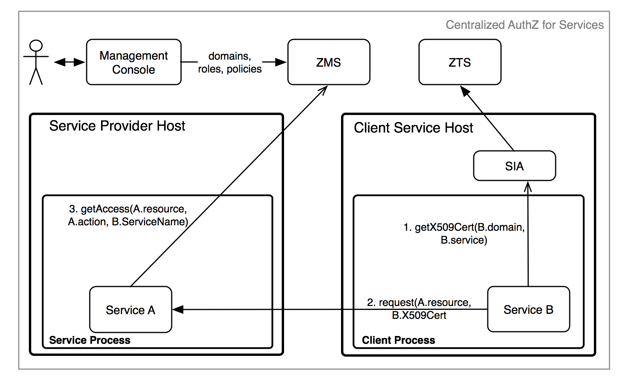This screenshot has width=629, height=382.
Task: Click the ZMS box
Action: click(x=329, y=62)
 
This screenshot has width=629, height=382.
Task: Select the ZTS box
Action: click(x=460, y=62)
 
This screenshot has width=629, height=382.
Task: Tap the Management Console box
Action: click(x=134, y=62)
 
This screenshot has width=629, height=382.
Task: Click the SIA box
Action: click(x=514, y=166)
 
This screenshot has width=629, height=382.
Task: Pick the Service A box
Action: click(x=131, y=309)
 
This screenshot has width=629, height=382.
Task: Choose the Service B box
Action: click(x=528, y=309)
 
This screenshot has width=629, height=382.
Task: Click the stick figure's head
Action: click(x=36, y=46)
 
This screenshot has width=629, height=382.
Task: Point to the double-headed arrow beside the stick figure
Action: click(x=69, y=62)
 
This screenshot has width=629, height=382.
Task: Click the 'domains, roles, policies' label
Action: click(x=230, y=62)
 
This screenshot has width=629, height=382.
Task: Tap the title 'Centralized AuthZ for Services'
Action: click(x=524, y=25)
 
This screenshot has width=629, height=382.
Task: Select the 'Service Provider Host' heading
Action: click(x=117, y=126)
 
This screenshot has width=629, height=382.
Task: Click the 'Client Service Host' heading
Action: click(x=413, y=127)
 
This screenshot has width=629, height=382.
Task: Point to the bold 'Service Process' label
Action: click(x=90, y=340)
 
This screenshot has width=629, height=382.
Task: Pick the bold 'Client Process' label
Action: click(x=398, y=340)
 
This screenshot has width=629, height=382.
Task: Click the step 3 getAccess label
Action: click(x=128, y=215)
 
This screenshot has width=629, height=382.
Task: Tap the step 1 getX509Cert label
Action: click(x=464, y=233)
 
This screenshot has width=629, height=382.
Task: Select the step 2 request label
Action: click(x=419, y=308)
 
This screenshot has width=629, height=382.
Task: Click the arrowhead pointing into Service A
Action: click(x=178, y=309)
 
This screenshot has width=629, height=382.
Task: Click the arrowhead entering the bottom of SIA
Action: click(x=528, y=187)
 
